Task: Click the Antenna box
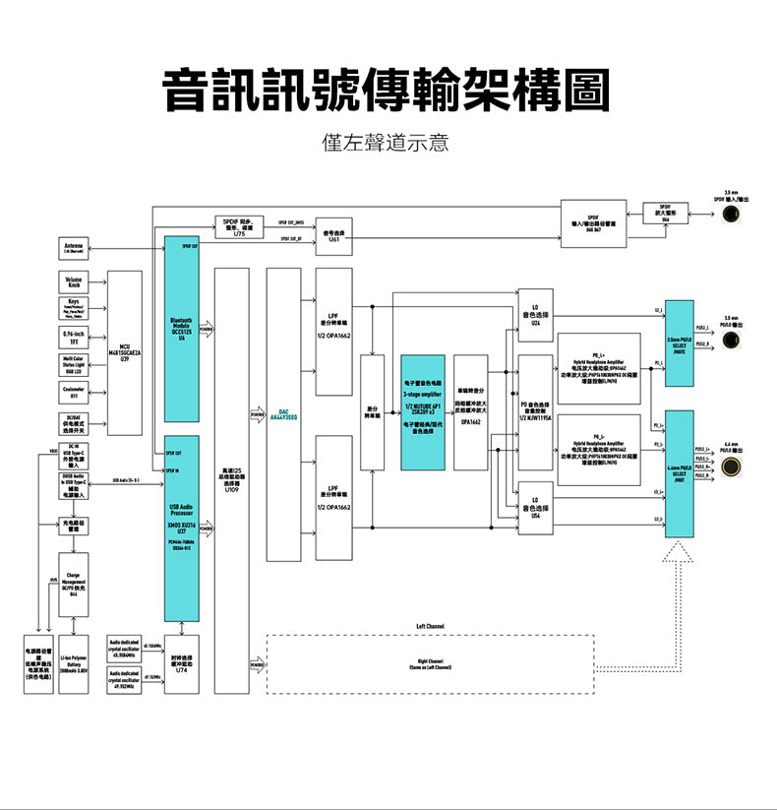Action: coord(74,248)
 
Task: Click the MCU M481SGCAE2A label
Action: coord(124,352)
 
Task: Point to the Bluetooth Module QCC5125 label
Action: coord(182,329)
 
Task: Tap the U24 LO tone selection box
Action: coord(535,314)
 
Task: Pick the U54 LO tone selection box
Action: coord(535,508)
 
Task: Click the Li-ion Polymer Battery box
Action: coord(74,665)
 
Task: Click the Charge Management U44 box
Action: coord(74,585)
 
